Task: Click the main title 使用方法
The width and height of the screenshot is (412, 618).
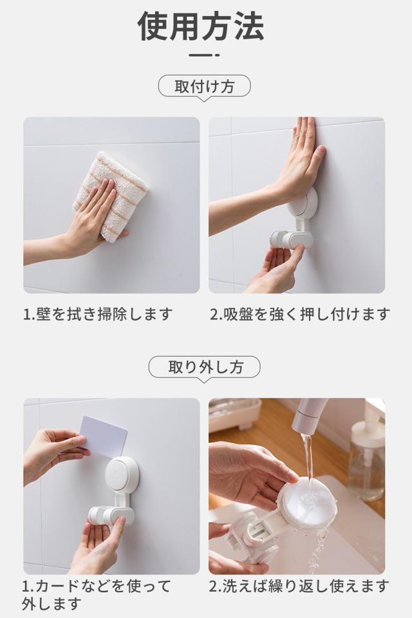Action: tap(201, 26)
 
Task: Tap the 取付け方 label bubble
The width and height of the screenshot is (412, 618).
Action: tap(204, 87)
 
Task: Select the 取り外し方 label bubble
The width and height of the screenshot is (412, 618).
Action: tap(204, 368)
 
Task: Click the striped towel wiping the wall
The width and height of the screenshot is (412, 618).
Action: tap(111, 194)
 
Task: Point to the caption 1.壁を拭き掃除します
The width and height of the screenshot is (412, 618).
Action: tap(98, 315)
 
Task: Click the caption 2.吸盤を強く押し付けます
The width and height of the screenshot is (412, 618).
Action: tap(299, 315)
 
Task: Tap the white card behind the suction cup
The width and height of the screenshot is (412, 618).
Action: tap(104, 436)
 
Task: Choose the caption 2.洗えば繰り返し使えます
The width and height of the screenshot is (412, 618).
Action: tap(299, 586)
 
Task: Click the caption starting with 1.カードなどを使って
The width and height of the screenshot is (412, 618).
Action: tap(97, 594)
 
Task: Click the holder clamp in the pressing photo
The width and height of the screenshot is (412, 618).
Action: tap(291, 238)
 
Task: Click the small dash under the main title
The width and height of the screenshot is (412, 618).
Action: tap(204, 55)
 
